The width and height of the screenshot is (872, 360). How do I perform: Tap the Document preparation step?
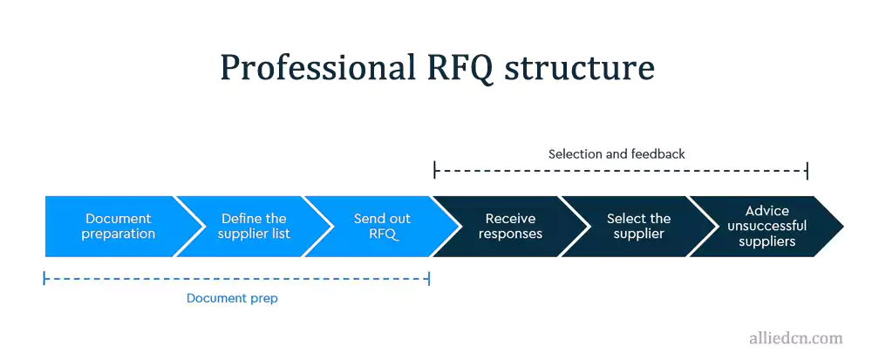click(x=118, y=227)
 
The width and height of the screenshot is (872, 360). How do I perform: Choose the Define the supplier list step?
click(x=254, y=227)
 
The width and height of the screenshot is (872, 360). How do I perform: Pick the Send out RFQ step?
click(x=382, y=227)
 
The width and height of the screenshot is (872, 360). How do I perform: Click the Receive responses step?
click(x=510, y=227)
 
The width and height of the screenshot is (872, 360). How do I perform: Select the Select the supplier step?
click(x=638, y=227)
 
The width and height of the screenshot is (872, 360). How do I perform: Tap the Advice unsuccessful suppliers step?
click(x=766, y=227)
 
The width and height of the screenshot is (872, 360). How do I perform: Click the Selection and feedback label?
click(x=617, y=154)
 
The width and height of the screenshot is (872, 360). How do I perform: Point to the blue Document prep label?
click(x=232, y=299)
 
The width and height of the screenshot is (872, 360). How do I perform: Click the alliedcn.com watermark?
click(x=796, y=338)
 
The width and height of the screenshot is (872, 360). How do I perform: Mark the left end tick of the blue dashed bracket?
click(x=44, y=279)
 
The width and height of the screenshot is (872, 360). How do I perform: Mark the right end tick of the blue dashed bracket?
click(x=429, y=279)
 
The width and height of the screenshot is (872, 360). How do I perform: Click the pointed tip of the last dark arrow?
click(x=841, y=227)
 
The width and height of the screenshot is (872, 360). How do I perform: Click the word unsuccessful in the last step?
click(x=766, y=227)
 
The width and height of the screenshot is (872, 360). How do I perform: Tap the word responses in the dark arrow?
click(x=510, y=234)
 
